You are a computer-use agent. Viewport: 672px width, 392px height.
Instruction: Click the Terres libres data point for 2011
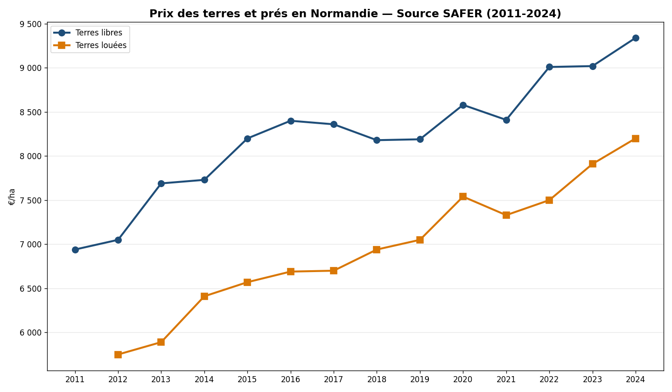(x=75, y=250)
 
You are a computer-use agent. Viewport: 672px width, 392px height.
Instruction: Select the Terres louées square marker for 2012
(x=118, y=355)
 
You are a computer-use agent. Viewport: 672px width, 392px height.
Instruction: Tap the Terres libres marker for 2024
(x=636, y=38)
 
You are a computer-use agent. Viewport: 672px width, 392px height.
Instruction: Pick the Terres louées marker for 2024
(x=636, y=139)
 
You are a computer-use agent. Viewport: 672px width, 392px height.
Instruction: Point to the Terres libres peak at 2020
(x=463, y=105)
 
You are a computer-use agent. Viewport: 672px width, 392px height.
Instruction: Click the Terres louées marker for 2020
(x=463, y=196)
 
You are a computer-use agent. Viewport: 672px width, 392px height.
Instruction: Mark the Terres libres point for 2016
(x=291, y=121)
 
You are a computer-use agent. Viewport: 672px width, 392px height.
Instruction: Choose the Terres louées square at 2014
(x=204, y=296)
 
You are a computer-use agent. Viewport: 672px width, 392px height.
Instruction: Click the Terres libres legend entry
(x=98, y=33)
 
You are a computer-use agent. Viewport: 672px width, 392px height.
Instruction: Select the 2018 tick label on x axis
(x=377, y=380)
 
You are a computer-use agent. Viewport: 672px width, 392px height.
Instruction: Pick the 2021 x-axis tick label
(x=506, y=380)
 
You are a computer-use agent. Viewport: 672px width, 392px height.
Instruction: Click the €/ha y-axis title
(x=12, y=196)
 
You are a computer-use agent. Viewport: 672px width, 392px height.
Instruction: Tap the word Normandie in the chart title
(x=344, y=14)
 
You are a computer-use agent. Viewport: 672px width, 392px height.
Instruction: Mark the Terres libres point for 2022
(x=549, y=67)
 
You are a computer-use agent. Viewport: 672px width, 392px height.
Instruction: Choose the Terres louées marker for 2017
(x=334, y=271)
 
